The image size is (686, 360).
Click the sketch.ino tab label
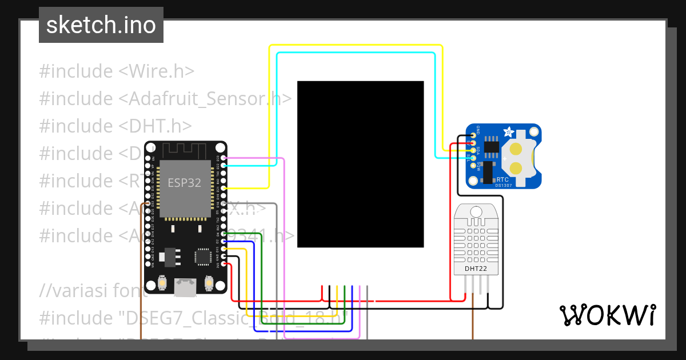coord(101,25)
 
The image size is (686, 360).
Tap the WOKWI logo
coord(607,315)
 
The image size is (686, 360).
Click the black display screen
coord(360,164)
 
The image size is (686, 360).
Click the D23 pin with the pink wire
coord(223,158)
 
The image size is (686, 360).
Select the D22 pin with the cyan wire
coord(223,165)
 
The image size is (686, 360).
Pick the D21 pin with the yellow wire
coord(223,187)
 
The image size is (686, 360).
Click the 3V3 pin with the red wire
coord(223,264)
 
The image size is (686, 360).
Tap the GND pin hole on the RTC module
coord(473,135)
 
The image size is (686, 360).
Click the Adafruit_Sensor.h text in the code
coord(205,99)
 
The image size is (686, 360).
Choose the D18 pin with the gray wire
coord(223,203)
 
